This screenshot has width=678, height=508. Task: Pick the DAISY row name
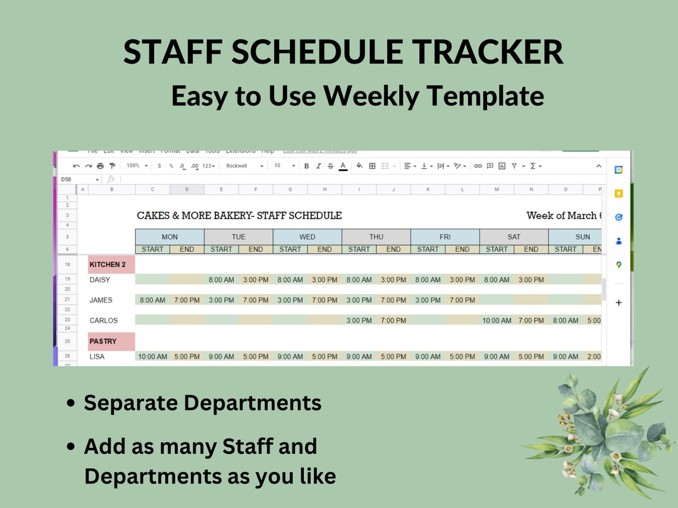click(100, 280)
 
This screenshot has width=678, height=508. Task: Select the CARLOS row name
click(103, 321)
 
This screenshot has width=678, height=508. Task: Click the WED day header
click(307, 237)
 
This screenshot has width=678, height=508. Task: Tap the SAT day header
click(514, 237)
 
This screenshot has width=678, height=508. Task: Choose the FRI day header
click(445, 237)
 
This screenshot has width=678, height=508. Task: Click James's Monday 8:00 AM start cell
click(152, 301)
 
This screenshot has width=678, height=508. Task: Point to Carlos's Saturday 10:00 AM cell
click(497, 321)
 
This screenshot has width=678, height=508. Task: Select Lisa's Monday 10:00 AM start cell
click(153, 357)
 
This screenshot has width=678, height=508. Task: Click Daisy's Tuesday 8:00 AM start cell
click(221, 280)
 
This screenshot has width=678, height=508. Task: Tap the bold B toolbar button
click(307, 166)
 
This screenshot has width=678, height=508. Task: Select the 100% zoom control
click(137, 166)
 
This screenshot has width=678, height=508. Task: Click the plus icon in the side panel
click(619, 303)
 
